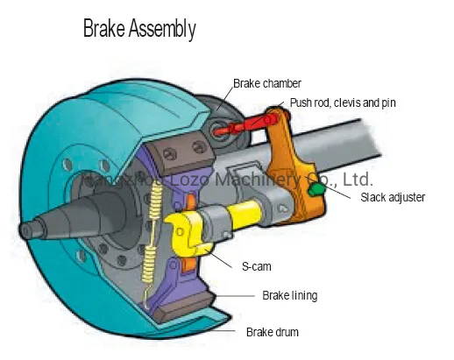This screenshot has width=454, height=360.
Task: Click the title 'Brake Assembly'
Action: (138, 29)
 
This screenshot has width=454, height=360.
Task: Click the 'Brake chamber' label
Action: (266, 84)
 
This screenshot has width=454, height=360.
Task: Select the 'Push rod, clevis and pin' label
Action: (343, 103)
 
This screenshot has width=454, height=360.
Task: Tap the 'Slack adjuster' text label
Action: (393, 197)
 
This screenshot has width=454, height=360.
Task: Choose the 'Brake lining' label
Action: (289, 296)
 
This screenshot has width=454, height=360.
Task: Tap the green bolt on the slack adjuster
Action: (318, 187)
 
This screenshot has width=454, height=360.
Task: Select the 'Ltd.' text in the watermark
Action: (357, 180)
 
